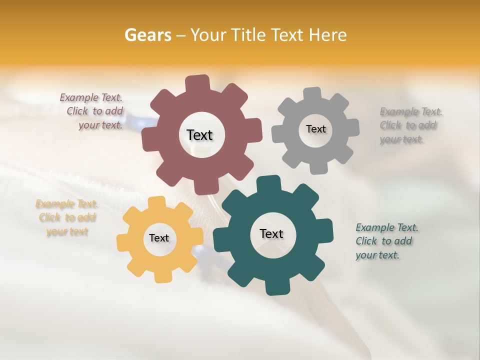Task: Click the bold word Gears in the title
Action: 147,35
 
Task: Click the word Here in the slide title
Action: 328,35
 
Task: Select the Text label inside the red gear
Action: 199,135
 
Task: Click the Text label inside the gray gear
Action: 315,129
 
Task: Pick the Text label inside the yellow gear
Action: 159,238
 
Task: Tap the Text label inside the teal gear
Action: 271,234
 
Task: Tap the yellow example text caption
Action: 67,217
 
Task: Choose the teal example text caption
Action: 386,241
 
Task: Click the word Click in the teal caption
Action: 366,241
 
